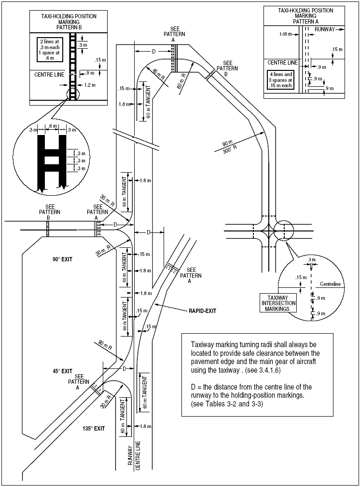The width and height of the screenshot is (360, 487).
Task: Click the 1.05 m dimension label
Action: tap(287, 34)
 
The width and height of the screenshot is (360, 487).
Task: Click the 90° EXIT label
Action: tap(62, 259)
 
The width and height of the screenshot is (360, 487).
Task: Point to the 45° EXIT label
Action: tap(63, 371)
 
